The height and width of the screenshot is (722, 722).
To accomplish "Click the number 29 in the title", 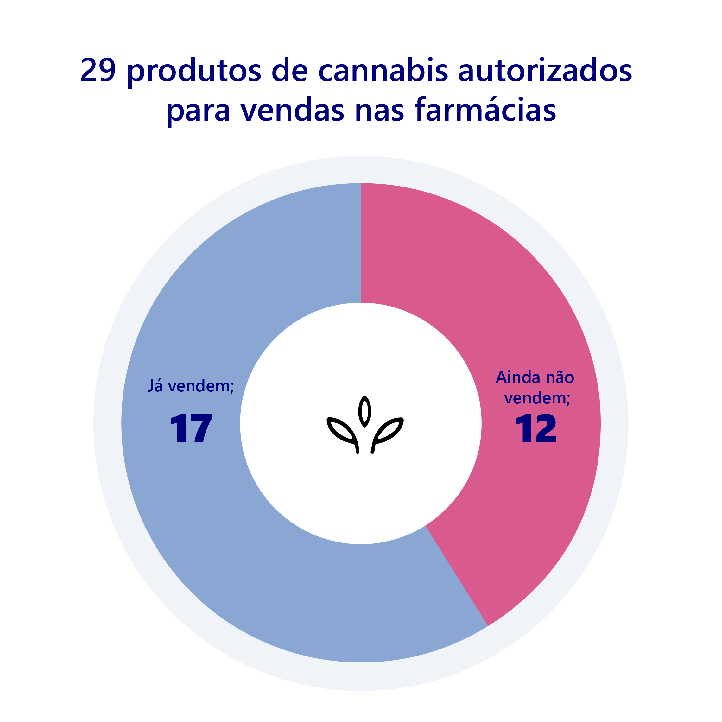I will coord(98,70).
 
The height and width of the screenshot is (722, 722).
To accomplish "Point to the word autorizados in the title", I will coord(545,70).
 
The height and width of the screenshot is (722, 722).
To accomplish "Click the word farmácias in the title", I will coord(485,110).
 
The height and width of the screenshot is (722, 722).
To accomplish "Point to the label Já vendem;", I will coord(191,386).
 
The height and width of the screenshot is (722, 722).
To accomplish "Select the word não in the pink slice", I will coord(560,377).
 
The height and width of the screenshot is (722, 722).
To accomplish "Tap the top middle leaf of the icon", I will coord(365,411).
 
